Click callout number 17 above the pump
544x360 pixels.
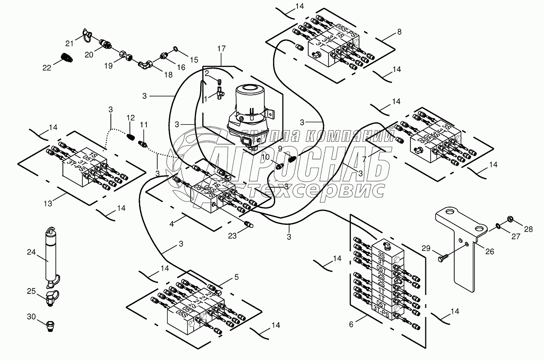222,49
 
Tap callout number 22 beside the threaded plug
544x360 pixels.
47,67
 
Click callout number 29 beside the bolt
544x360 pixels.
426,248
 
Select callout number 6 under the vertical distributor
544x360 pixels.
351,324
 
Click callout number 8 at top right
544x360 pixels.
399,31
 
